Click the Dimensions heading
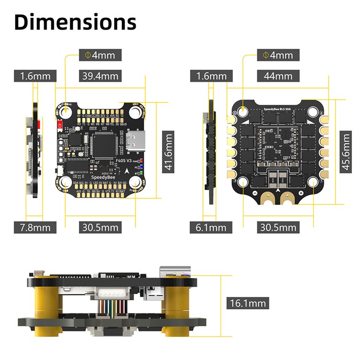75,21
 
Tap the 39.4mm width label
100,76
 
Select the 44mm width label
278,76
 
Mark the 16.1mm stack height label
248,303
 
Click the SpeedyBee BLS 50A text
279,110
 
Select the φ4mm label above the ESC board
278,56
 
